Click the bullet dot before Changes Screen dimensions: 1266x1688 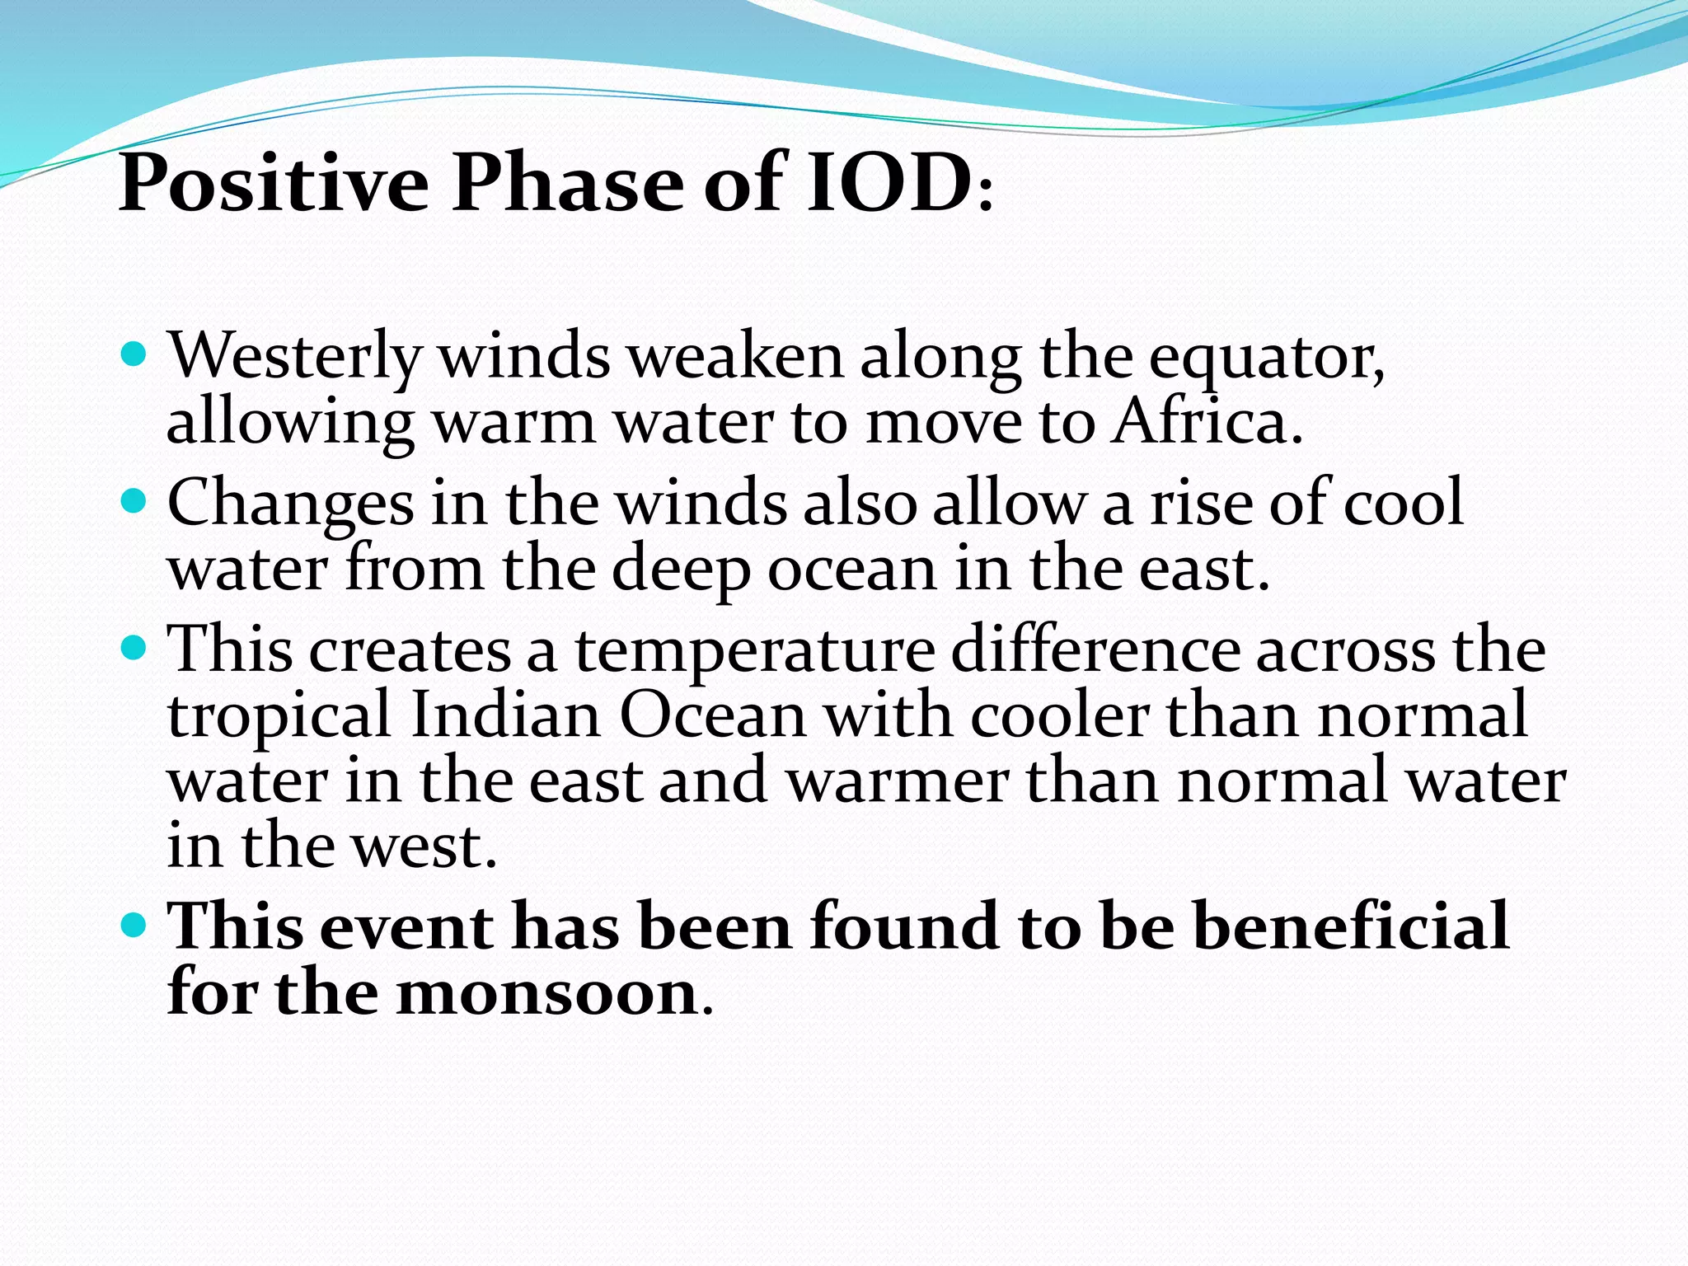coord(133,501)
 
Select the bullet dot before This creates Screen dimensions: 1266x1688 coord(133,647)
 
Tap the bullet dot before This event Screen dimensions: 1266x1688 coord(133,923)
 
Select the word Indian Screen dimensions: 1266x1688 coord(505,715)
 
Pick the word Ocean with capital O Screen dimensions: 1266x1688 coord(712,715)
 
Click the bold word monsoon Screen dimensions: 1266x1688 coord(547,992)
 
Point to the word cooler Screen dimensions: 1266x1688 coord(1059,715)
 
